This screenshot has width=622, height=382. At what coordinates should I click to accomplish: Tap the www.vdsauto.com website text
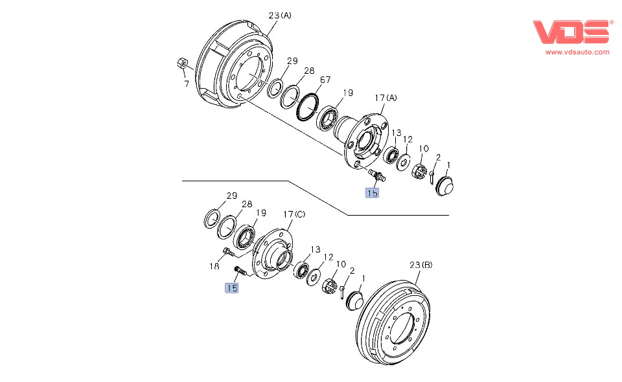pos(577,52)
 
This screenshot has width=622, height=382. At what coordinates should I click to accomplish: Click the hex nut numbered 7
pos(183,64)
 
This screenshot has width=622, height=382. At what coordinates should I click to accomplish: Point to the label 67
pos(325,80)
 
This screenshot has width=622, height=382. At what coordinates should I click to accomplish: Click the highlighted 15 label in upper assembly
pos(372,192)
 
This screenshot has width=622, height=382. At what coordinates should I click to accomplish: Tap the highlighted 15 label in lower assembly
pos(231,287)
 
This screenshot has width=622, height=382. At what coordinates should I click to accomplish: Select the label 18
pos(214,265)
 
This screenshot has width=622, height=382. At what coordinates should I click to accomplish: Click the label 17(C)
pos(294,214)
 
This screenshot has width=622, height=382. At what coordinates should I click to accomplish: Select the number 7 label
pos(186,84)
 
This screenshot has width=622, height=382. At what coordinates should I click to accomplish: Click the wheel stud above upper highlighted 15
pos(375,175)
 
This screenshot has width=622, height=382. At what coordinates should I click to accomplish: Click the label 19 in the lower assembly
pos(260,212)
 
